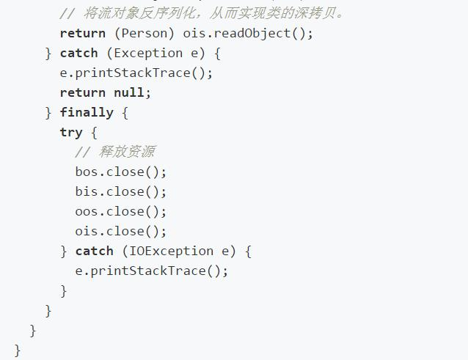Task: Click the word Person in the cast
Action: pos(145,34)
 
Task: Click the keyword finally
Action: pos(87,112)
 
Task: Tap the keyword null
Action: pos(129,92)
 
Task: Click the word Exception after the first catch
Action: pos(148,53)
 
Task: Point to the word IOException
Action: pos(172,251)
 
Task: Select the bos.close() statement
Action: pos(121,172)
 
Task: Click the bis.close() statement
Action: pos(121,192)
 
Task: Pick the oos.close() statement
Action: pos(121,211)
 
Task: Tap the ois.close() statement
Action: pos(121,232)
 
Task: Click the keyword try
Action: pos(71,133)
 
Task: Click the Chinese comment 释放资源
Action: pos(127,152)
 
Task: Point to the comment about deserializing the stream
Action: pos(202,13)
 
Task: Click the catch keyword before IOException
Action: pos(95,251)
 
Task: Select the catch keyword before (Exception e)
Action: pos(78,53)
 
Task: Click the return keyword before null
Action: pos(83,92)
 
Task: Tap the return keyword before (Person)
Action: pos(83,34)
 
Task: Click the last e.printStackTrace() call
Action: pos(152,271)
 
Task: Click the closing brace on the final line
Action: pos(18,350)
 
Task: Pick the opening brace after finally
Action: pos(125,113)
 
